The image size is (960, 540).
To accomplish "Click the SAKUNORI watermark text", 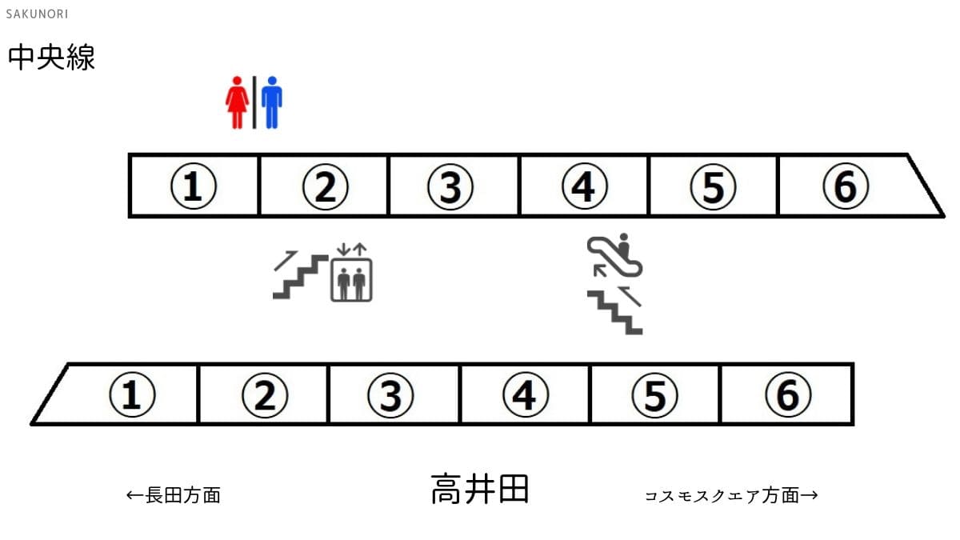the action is click(37, 14).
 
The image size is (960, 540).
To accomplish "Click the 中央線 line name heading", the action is click(51, 57).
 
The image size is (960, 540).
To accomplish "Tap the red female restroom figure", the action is click(237, 102).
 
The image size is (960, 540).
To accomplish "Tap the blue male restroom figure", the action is click(272, 102).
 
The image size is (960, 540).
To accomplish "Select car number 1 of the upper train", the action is click(194, 186).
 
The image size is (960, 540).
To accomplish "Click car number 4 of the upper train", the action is click(585, 186).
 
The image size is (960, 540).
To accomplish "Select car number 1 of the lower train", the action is click(124, 394).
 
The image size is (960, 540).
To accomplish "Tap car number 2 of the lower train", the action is click(265, 394).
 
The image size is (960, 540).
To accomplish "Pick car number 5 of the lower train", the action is click(655, 394).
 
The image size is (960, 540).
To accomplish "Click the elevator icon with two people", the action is click(351, 273).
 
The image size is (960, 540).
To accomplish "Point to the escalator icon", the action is click(614, 255).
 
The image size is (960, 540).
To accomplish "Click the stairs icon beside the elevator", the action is click(301, 274).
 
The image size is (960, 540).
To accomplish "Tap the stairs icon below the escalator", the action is click(615, 310).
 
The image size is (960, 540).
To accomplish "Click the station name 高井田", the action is click(480, 489).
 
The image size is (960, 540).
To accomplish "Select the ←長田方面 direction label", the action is click(174, 495).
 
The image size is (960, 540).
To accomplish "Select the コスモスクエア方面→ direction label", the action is click(731, 496).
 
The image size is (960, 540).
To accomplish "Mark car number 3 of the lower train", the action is click(391, 394).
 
